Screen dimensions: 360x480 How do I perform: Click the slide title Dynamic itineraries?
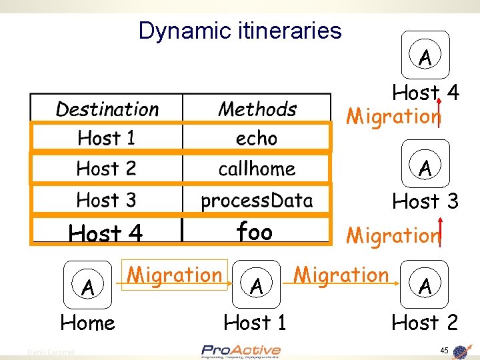[x=240, y=31]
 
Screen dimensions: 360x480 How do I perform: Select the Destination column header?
[x=107, y=109]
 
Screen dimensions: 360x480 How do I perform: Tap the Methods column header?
[x=257, y=109]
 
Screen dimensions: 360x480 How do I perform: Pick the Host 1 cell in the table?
[x=106, y=138]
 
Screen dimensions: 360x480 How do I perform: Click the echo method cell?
[x=257, y=138]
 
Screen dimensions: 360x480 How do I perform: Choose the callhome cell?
[x=257, y=169]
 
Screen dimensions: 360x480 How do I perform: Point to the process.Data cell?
[x=257, y=199]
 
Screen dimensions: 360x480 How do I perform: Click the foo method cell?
[x=255, y=232]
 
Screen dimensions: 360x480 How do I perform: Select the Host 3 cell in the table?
[x=106, y=199]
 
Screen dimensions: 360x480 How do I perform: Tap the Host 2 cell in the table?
[x=106, y=169]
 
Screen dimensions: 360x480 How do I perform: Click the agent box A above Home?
[x=87, y=288]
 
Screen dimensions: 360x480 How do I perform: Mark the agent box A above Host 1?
[x=255, y=287]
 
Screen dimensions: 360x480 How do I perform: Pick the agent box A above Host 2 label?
[x=425, y=287]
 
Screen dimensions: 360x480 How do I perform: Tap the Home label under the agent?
[x=87, y=323]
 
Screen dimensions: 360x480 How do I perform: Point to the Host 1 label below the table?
[x=255, y=323]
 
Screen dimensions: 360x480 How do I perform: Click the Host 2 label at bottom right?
[x=425, y=323]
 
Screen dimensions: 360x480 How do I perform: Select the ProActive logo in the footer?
[x=241, y=351]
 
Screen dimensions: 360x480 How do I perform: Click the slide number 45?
[x=444, y=351]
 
